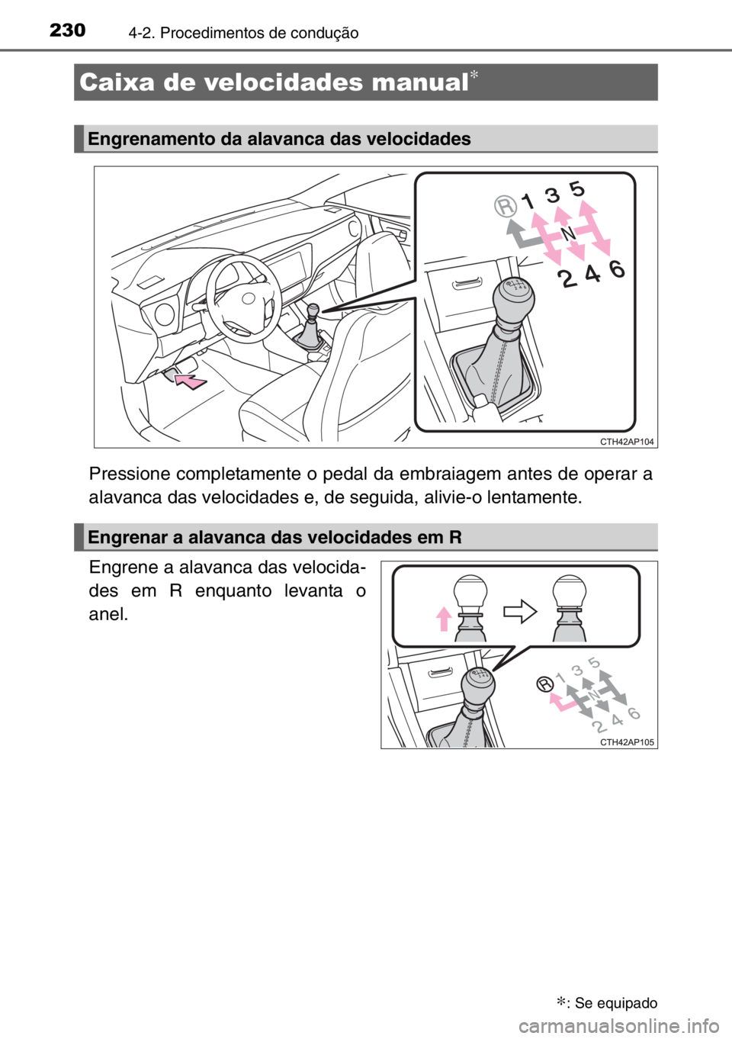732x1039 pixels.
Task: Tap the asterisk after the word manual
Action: coord(480,75)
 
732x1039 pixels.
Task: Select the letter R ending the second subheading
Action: coord(455,537)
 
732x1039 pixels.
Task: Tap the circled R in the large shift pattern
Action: coord(505,207)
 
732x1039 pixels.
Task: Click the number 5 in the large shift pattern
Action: coord(577,188)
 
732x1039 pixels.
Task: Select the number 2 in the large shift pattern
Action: coord(567,280)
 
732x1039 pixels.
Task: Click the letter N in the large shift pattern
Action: coord(567,232)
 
